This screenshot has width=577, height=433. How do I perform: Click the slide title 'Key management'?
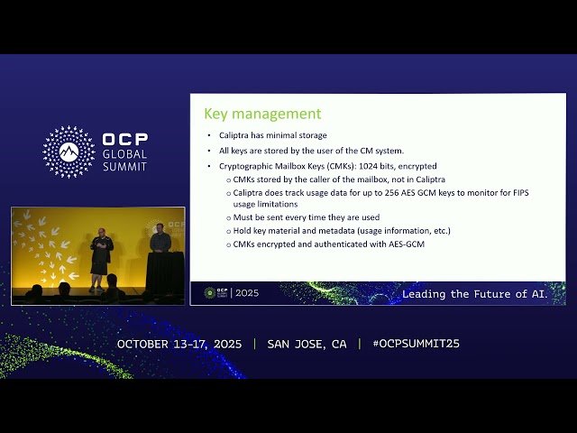point(262,114)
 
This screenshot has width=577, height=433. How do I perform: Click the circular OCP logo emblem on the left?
point(69,152)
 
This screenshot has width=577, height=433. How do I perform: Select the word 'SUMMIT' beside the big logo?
point(124,167)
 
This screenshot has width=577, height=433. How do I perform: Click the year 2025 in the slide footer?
point(247,293)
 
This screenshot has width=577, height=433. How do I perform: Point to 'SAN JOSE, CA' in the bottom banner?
point(307,344)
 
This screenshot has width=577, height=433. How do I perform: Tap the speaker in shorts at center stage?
point(101,253)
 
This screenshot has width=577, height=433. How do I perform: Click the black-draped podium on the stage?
point(165,271)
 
